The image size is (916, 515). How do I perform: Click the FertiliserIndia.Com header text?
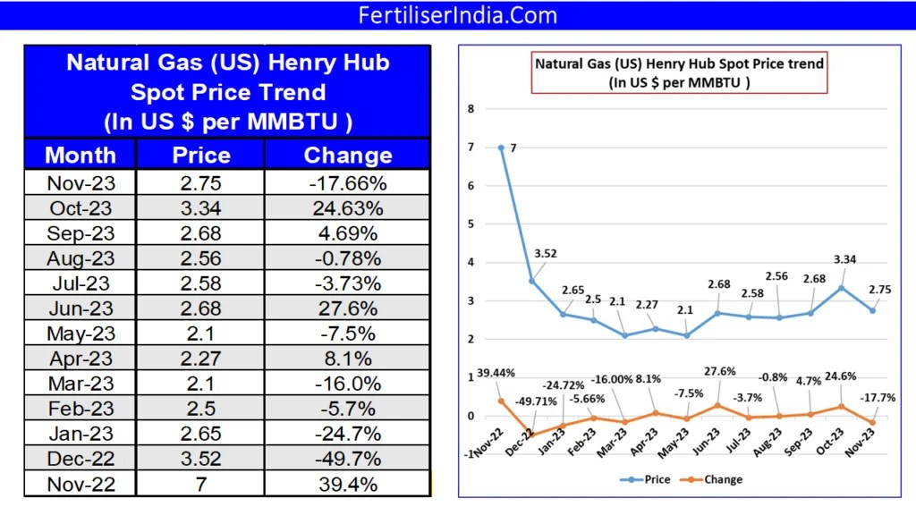click(457, 15)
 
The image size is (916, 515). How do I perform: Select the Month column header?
click(81, 155)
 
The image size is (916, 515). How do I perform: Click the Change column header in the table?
click(348, 155)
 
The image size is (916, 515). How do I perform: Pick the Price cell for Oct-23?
click(201, 209)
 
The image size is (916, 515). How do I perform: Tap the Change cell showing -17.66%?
click(348, 184)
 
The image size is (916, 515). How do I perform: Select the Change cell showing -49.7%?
click(348, 459)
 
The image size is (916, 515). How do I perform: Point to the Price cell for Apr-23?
click(201, 359)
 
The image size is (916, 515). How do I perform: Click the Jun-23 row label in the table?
click(81, 309)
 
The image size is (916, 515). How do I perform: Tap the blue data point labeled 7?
click(501, 148)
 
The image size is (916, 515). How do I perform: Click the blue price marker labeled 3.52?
click(532, 281)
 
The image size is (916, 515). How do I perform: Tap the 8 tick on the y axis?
click(471, 109)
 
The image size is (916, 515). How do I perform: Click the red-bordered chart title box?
click(679, 72)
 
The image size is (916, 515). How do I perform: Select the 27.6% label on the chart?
click(714, 373)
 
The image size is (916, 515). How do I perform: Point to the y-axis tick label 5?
click(471, 224)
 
